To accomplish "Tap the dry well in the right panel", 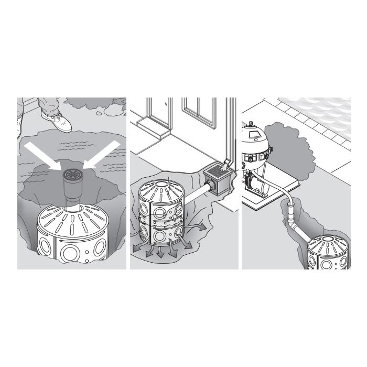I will pyautogui.click(x=327, y=252).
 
